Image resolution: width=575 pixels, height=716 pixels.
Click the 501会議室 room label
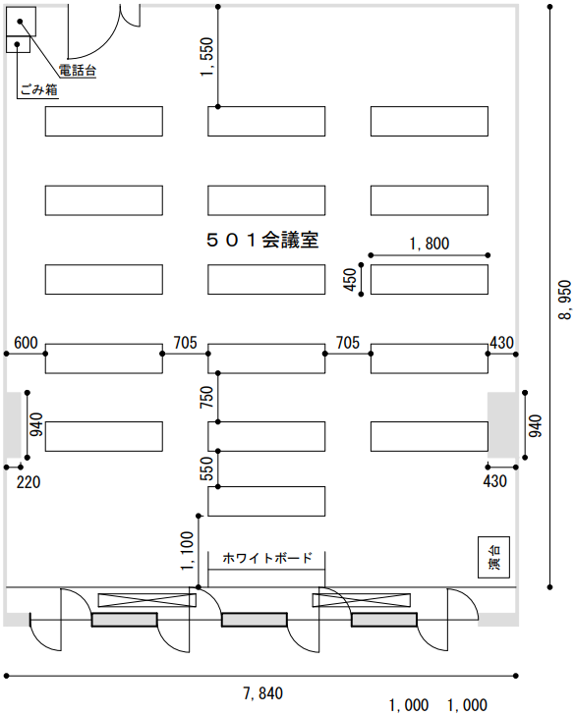point(262,240)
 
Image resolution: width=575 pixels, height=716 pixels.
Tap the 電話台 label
point(78,71)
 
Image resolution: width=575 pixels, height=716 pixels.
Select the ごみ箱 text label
point(39,89)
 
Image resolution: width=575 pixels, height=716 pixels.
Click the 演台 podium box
point(493,557)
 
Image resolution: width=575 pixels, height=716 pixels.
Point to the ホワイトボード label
point(267,558)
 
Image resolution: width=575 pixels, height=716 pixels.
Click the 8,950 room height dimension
point(565,300)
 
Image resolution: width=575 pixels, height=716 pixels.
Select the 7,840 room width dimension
point(262,693)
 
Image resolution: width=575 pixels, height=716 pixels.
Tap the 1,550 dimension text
point(206,57)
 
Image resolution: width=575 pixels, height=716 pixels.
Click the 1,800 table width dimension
point(430,244)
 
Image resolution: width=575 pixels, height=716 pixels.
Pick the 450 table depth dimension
point(350,280)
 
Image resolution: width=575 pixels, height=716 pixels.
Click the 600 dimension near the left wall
point(26,343)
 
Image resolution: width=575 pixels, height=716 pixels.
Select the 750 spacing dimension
point(206,397)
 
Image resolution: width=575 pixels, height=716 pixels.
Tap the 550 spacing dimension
point(206,468)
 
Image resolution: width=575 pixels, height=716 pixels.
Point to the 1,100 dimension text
point(187,551)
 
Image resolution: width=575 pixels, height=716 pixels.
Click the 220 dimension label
point(29,482)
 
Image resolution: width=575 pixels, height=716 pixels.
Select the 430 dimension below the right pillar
point(495,481)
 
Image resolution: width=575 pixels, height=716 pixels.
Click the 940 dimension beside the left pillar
point(36,424)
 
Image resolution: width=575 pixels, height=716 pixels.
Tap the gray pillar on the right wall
point(503,425)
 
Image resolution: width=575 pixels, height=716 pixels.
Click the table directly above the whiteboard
point(266,501)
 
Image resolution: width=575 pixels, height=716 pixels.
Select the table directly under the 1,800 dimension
point(430,280)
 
